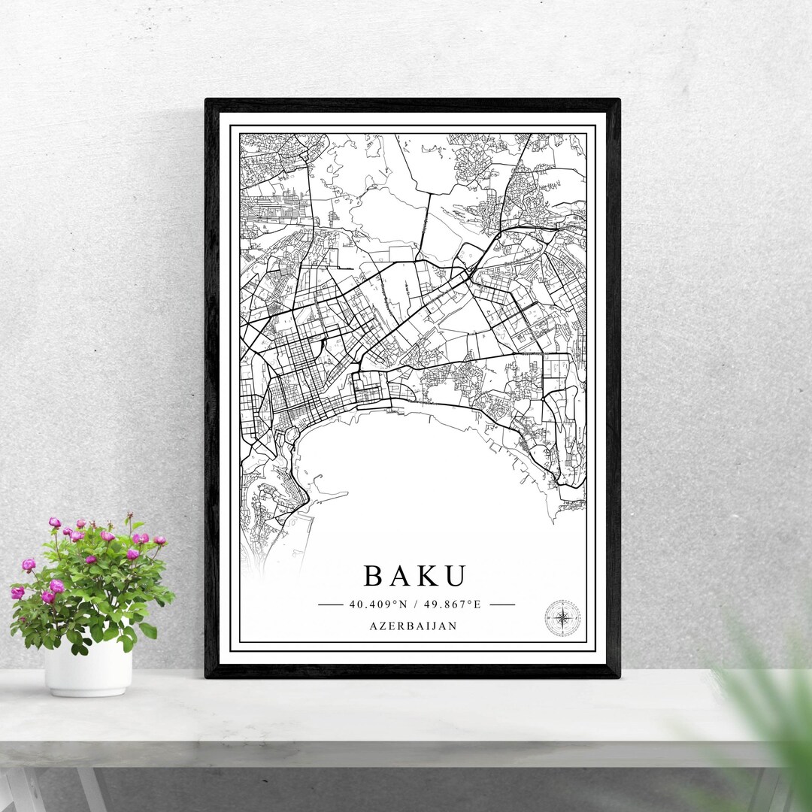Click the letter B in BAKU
(x=375, y=576)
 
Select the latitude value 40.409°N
(x=377, y=604)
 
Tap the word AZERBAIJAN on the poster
(x=414, y=626)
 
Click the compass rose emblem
(x=562, y=617)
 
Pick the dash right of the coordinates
(x=502, y=604)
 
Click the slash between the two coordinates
(x=416, y=604)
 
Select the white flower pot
(x=88, y=667)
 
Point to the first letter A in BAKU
(x=401, y=576)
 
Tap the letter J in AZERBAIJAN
(x=439, y=626)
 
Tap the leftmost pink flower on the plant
(x=17, y=592)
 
